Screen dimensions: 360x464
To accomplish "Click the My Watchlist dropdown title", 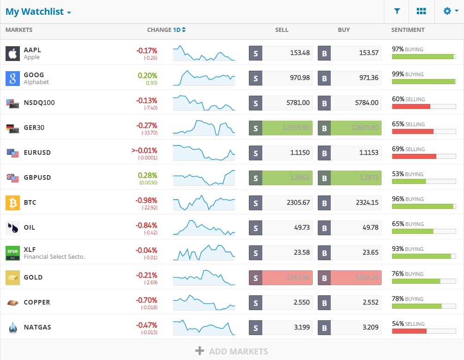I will coord(38,12).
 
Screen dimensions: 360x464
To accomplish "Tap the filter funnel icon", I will coord(397,12).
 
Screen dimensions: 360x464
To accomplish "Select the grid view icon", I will coord(421,12).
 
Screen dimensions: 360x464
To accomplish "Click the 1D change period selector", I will coord(179,30).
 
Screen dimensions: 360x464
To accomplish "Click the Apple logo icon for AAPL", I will coord(12,54).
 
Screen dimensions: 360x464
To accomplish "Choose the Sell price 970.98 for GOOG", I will coord(287,78).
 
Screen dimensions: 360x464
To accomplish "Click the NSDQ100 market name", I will coord(39,103).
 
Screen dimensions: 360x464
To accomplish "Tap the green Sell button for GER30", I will coord(280,128).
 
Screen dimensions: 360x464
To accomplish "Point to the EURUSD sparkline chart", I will coord(204,153).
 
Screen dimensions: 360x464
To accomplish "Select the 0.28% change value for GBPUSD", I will coord(148,176).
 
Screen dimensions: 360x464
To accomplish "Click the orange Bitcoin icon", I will coord(12,203).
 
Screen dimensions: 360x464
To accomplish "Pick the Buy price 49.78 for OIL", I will coord(356,228).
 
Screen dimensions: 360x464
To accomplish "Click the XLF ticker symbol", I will coord(30,249).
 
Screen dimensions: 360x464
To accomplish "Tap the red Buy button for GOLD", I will coord(349,278).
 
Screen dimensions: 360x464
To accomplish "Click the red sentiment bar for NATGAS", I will coord(409,331).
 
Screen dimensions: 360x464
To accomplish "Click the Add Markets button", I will coord(232,351).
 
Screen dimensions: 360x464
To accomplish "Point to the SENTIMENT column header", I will coord(408,30).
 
